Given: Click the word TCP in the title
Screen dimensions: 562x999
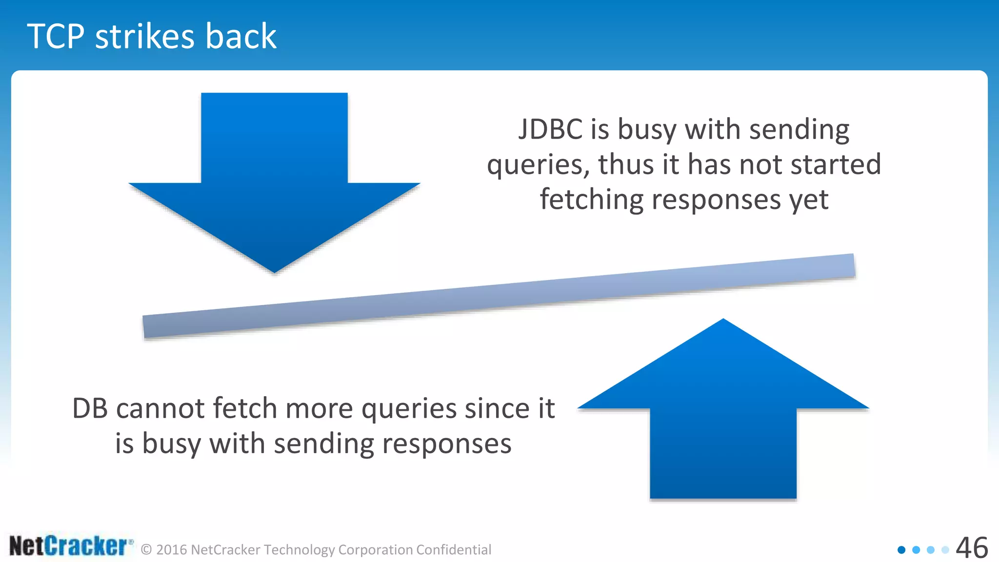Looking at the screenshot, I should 56,37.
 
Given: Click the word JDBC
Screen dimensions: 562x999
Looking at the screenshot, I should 550,130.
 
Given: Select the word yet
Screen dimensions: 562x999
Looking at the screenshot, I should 809,201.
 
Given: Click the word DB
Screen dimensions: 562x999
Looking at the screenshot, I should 90,408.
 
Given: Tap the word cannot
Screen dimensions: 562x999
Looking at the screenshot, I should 160,408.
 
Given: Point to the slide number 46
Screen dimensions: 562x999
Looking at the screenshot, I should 972,548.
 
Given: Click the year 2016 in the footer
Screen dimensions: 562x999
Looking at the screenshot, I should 172,550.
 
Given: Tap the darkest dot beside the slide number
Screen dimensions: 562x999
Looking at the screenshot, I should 901,550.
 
